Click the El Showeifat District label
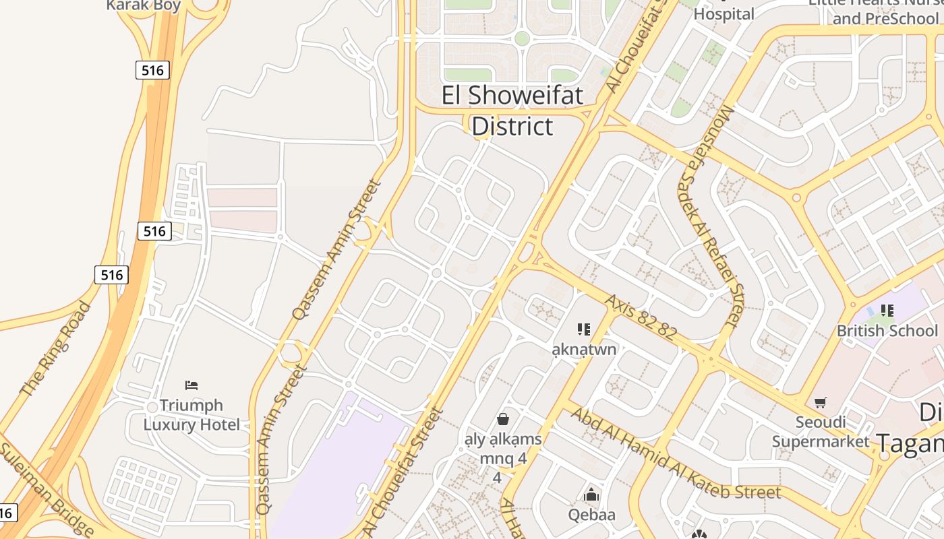[512, 110]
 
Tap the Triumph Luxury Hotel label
[191, 414]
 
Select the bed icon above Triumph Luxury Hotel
[191, 385]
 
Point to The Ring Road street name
[55, 349]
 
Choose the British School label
[887, 331]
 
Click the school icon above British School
[887, 311]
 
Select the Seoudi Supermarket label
[821, 431]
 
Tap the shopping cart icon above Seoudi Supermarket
[821, 403]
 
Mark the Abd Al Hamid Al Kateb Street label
[675, 454]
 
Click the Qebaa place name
[591, 515]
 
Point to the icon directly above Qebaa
[591, 495]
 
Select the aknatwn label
[584, 349]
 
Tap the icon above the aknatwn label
[584, 329]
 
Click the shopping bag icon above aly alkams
[503, 419]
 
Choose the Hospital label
[724, 13]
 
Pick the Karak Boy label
[144, 6]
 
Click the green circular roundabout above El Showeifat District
[522, 38]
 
